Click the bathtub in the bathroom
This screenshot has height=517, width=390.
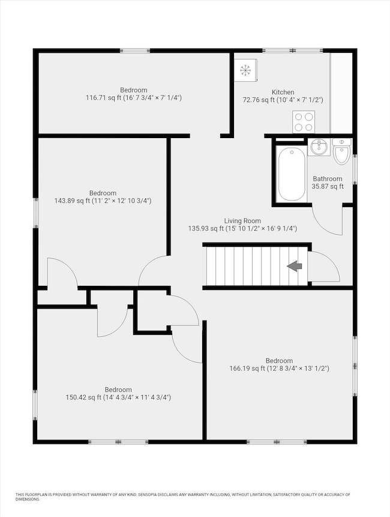(292, 174)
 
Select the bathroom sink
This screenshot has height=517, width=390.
(319, 148)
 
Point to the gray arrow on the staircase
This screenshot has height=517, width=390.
(295, 266)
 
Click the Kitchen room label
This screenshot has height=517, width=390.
(283, 92)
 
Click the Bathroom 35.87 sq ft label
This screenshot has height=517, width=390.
(327, 183)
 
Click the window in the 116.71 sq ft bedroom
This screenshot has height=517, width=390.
(134, 51)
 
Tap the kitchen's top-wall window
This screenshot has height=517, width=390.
(293, 51)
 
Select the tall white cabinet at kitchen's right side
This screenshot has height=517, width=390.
(341, 93)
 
